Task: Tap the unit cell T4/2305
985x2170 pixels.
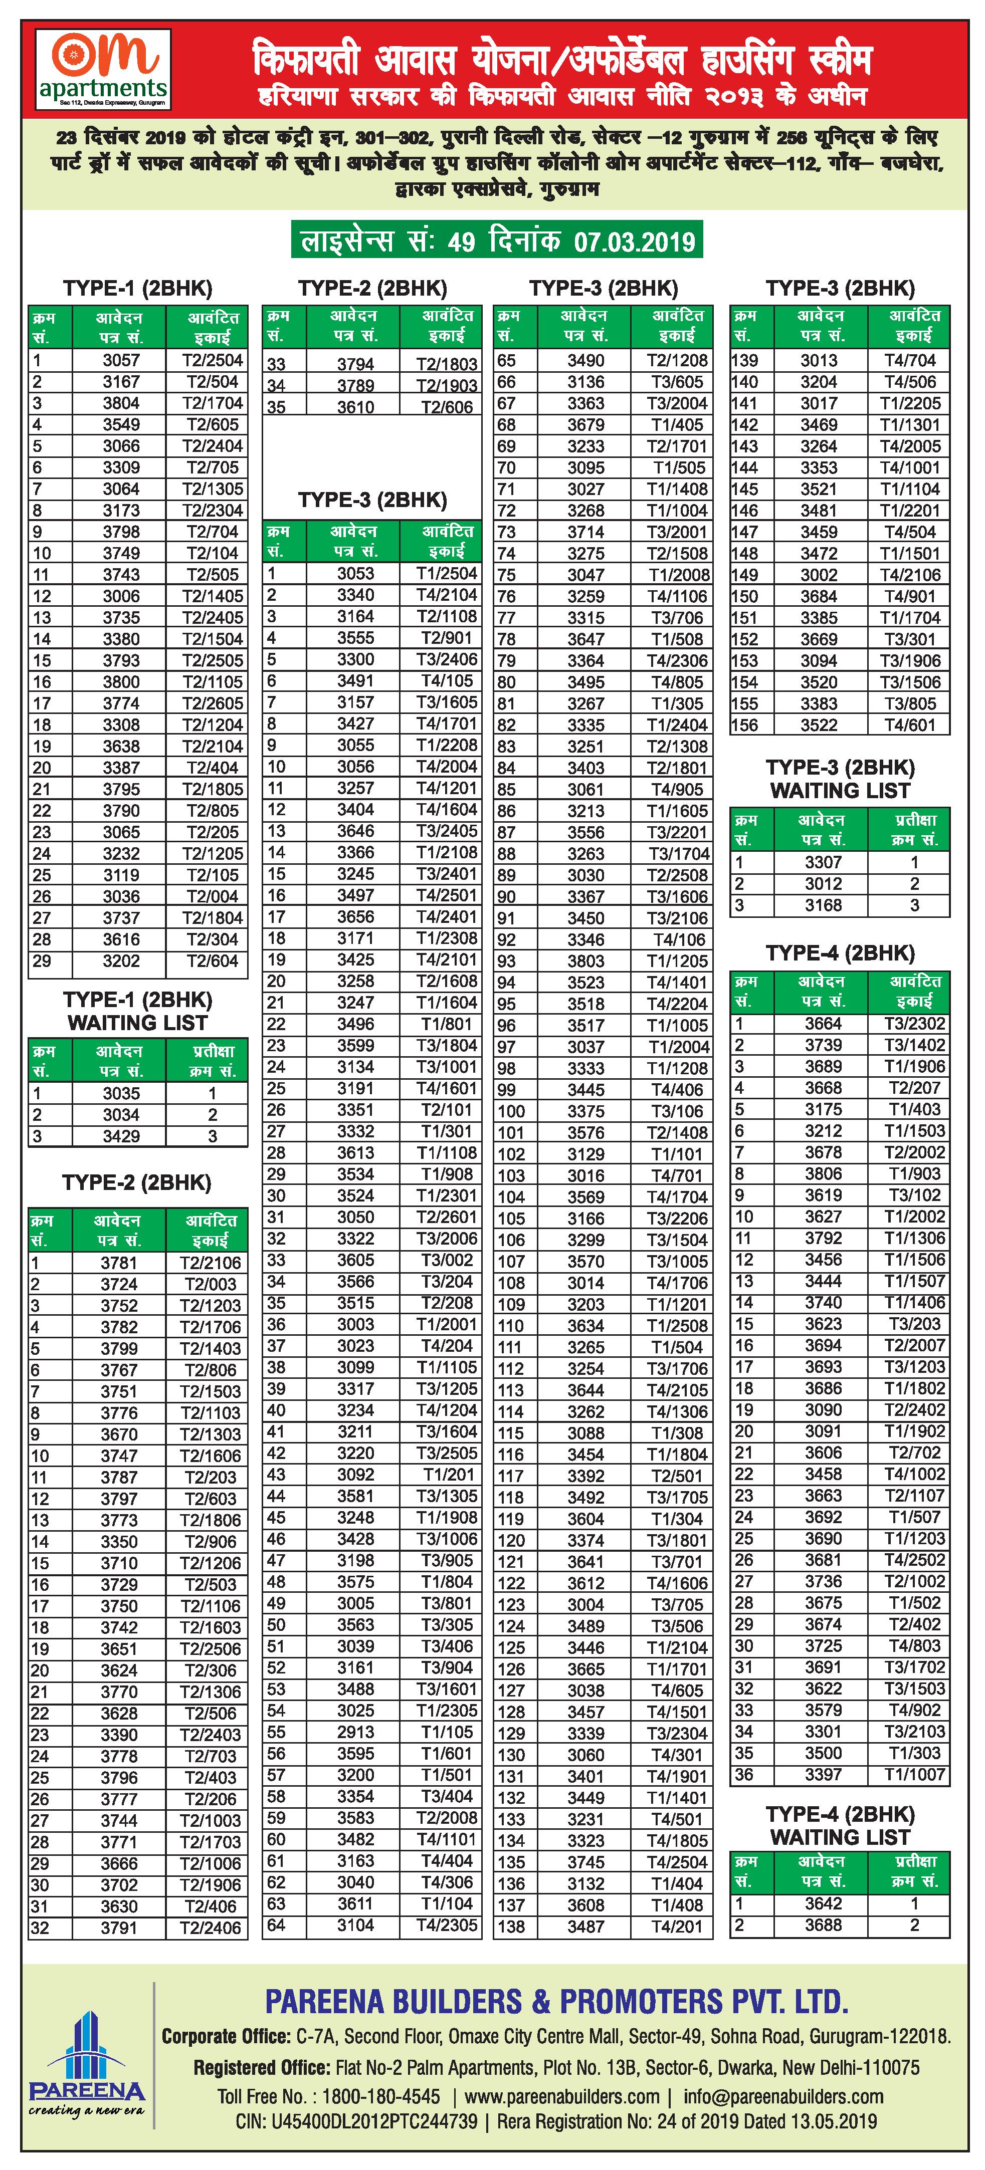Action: pyautogui.click(x=447, y=1925)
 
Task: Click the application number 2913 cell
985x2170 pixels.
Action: pyautogui.click(x=355, y=1732)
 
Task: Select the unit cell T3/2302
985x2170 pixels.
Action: pyautogui.click(x=914, y=1024)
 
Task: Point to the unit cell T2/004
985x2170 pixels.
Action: pyautogui.click(x=213, y=896)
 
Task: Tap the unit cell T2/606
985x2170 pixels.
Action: pyautogui.click(x=447, y=407)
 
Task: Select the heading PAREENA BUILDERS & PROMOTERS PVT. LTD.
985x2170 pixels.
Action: pyautogui.click(x=556, y=2001)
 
